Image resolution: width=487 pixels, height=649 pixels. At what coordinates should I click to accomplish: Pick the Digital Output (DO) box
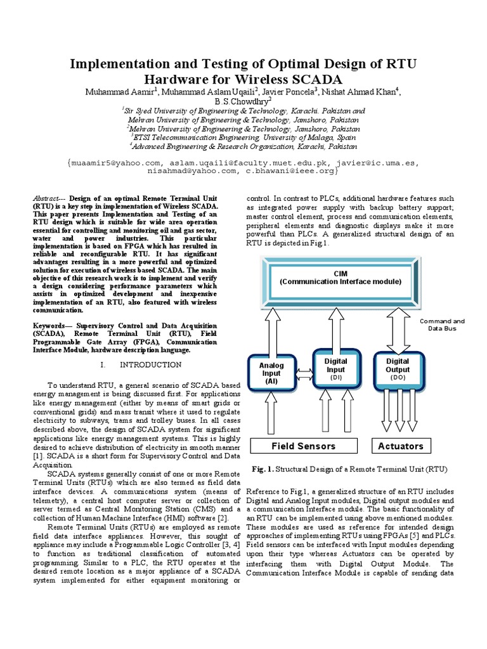coord(398,368)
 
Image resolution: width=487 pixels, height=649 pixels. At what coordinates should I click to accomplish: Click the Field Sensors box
coord(304,446)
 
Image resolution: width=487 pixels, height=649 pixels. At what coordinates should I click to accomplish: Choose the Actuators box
coord(400,446)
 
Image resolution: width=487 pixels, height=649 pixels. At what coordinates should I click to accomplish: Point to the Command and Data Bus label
coord(442,325)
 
